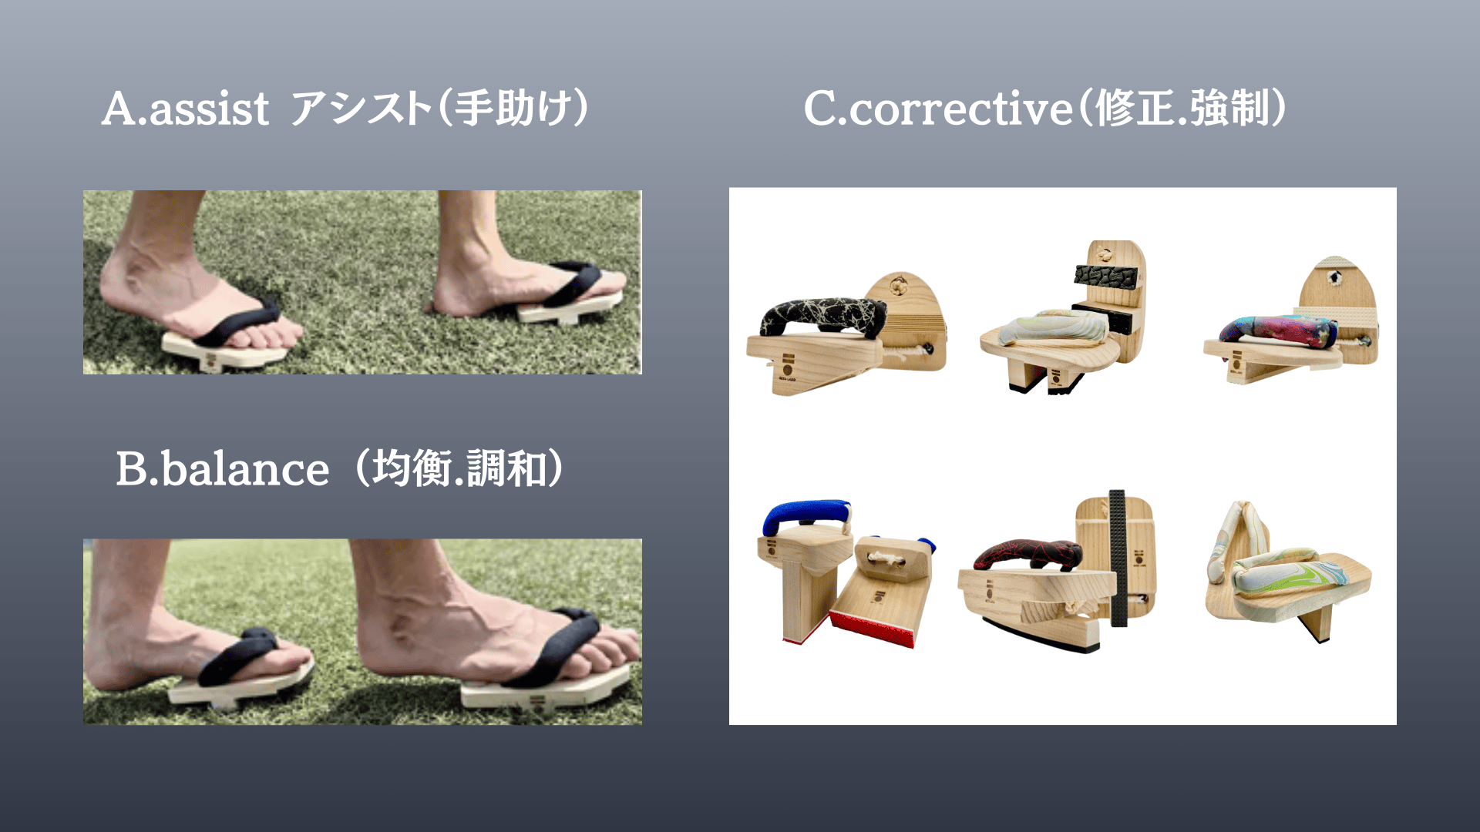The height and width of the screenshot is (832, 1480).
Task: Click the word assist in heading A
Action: click(x=209, y=109)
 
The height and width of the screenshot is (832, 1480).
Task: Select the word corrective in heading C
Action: click(x=960, y=109)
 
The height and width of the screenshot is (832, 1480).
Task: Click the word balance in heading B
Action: click(x=245, y=468)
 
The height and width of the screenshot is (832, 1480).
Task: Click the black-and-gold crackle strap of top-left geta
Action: click(x=822, y=317)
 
